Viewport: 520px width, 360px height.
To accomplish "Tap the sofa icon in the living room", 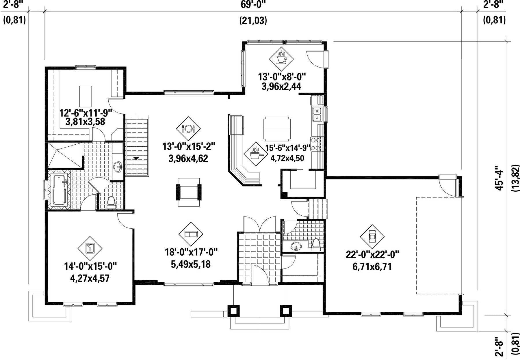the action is pos(190,234).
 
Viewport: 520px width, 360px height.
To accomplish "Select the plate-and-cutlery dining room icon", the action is pos(188,128).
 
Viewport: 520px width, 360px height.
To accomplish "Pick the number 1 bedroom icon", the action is pos(90,248).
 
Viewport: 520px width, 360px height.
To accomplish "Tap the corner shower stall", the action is pos(65,155).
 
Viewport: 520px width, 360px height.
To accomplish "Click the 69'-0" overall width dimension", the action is pos(253,5).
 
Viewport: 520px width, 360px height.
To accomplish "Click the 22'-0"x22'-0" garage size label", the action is pos(372,255).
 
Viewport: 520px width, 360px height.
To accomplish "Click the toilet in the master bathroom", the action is pos(111,203).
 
